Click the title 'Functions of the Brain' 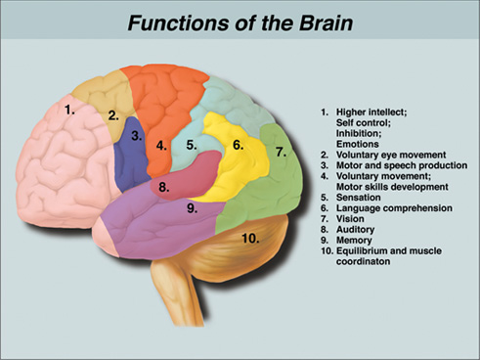point(240,22)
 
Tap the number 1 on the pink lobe point(69,110)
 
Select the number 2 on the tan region point(113,114)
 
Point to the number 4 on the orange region point(161,146)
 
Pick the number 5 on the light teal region point(192,145)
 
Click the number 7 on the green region point(281,152)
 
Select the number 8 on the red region point(164,186)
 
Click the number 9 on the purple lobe point(192,207)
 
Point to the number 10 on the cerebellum point(251,238)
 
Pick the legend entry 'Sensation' point(357,198)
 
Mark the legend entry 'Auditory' point(353,230)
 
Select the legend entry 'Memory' point(353,241)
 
